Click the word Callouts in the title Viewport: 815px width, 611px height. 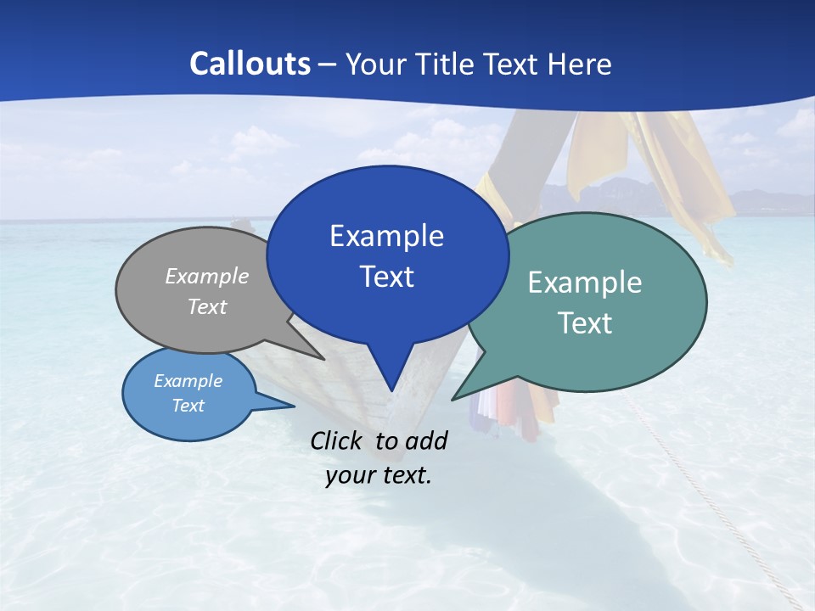click(x=250, y=64)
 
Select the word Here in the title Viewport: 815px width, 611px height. click(x=579, y=64)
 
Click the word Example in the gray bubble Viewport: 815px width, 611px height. click(x=207, y=276)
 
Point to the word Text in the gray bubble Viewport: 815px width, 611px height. click(x=207, y=306)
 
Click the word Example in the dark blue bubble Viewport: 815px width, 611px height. click(x=386, y=236)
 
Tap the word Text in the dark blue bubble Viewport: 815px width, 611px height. click(x=386, y=277)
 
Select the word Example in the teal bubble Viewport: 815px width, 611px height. click(x=585, y=283)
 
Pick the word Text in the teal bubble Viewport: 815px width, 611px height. click(x=585, y=323)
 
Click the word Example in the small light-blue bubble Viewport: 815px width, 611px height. click(x=188, y=381)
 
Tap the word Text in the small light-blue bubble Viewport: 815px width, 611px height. click(x=188, y=406)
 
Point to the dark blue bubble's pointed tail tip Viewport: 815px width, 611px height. click(x=391, y=390)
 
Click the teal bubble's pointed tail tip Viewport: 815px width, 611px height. click(x=453, y=399)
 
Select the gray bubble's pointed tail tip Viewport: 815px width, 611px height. click(x=323, y=359)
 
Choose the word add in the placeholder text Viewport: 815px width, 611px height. click(x=426, y=440)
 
